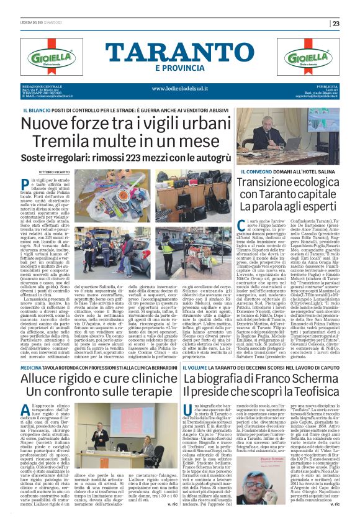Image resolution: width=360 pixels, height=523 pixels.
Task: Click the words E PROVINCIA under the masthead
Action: pos(180,68)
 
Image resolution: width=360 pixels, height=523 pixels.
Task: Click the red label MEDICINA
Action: pos(32,351)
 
